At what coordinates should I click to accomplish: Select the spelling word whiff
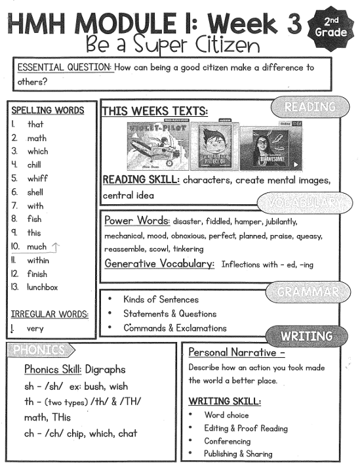coord(37,178)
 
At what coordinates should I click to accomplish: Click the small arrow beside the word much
coord(55,246)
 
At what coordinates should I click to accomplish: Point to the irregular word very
coord(35,328)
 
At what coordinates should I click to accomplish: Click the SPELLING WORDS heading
coord(48,110)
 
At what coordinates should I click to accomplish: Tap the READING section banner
coord(309,106)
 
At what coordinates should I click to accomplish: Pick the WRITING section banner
coord(306,335)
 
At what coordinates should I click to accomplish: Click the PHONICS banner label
coord(39,350)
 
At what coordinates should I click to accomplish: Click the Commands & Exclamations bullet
coord(174,328)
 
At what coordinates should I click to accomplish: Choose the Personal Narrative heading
coord(228,352)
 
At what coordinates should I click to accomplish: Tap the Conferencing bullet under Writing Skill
coord(227,441)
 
